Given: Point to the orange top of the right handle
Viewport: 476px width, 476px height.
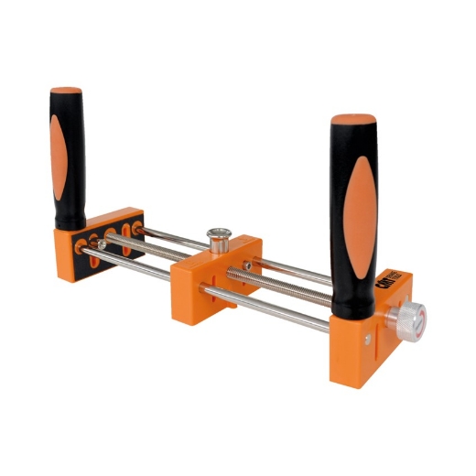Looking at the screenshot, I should point(353,121).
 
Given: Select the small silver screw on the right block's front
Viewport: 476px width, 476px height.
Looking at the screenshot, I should point(369,341).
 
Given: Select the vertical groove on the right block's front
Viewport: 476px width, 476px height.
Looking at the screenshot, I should point(346,352).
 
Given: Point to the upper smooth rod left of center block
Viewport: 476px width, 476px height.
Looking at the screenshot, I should point(160,237).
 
